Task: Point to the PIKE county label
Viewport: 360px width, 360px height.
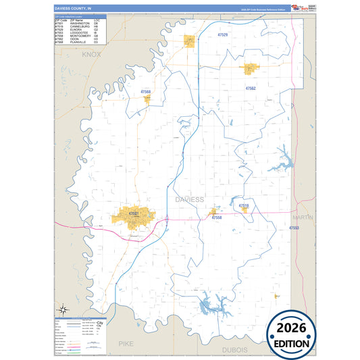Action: pos(126,344)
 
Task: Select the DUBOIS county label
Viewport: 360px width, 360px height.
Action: pos(234,350)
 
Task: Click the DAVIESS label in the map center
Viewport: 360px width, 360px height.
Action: pos(188,200)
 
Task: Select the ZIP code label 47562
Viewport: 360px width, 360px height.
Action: pos(251,88)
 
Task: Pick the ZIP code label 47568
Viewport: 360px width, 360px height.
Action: pos(146,91)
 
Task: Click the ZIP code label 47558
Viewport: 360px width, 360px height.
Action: pos(216,218)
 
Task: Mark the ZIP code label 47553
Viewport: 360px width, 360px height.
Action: pos(294,228)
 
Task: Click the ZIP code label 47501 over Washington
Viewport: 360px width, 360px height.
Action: pos(134,214)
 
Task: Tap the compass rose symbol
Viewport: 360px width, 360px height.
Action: pos(63,310)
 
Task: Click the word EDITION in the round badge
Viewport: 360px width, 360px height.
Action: pos(292,343)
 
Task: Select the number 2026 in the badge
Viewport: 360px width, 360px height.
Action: pos(292,328)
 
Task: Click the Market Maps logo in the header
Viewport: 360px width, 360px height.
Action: pos(297,7)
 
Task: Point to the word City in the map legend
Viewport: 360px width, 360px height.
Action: pos(100,325)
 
